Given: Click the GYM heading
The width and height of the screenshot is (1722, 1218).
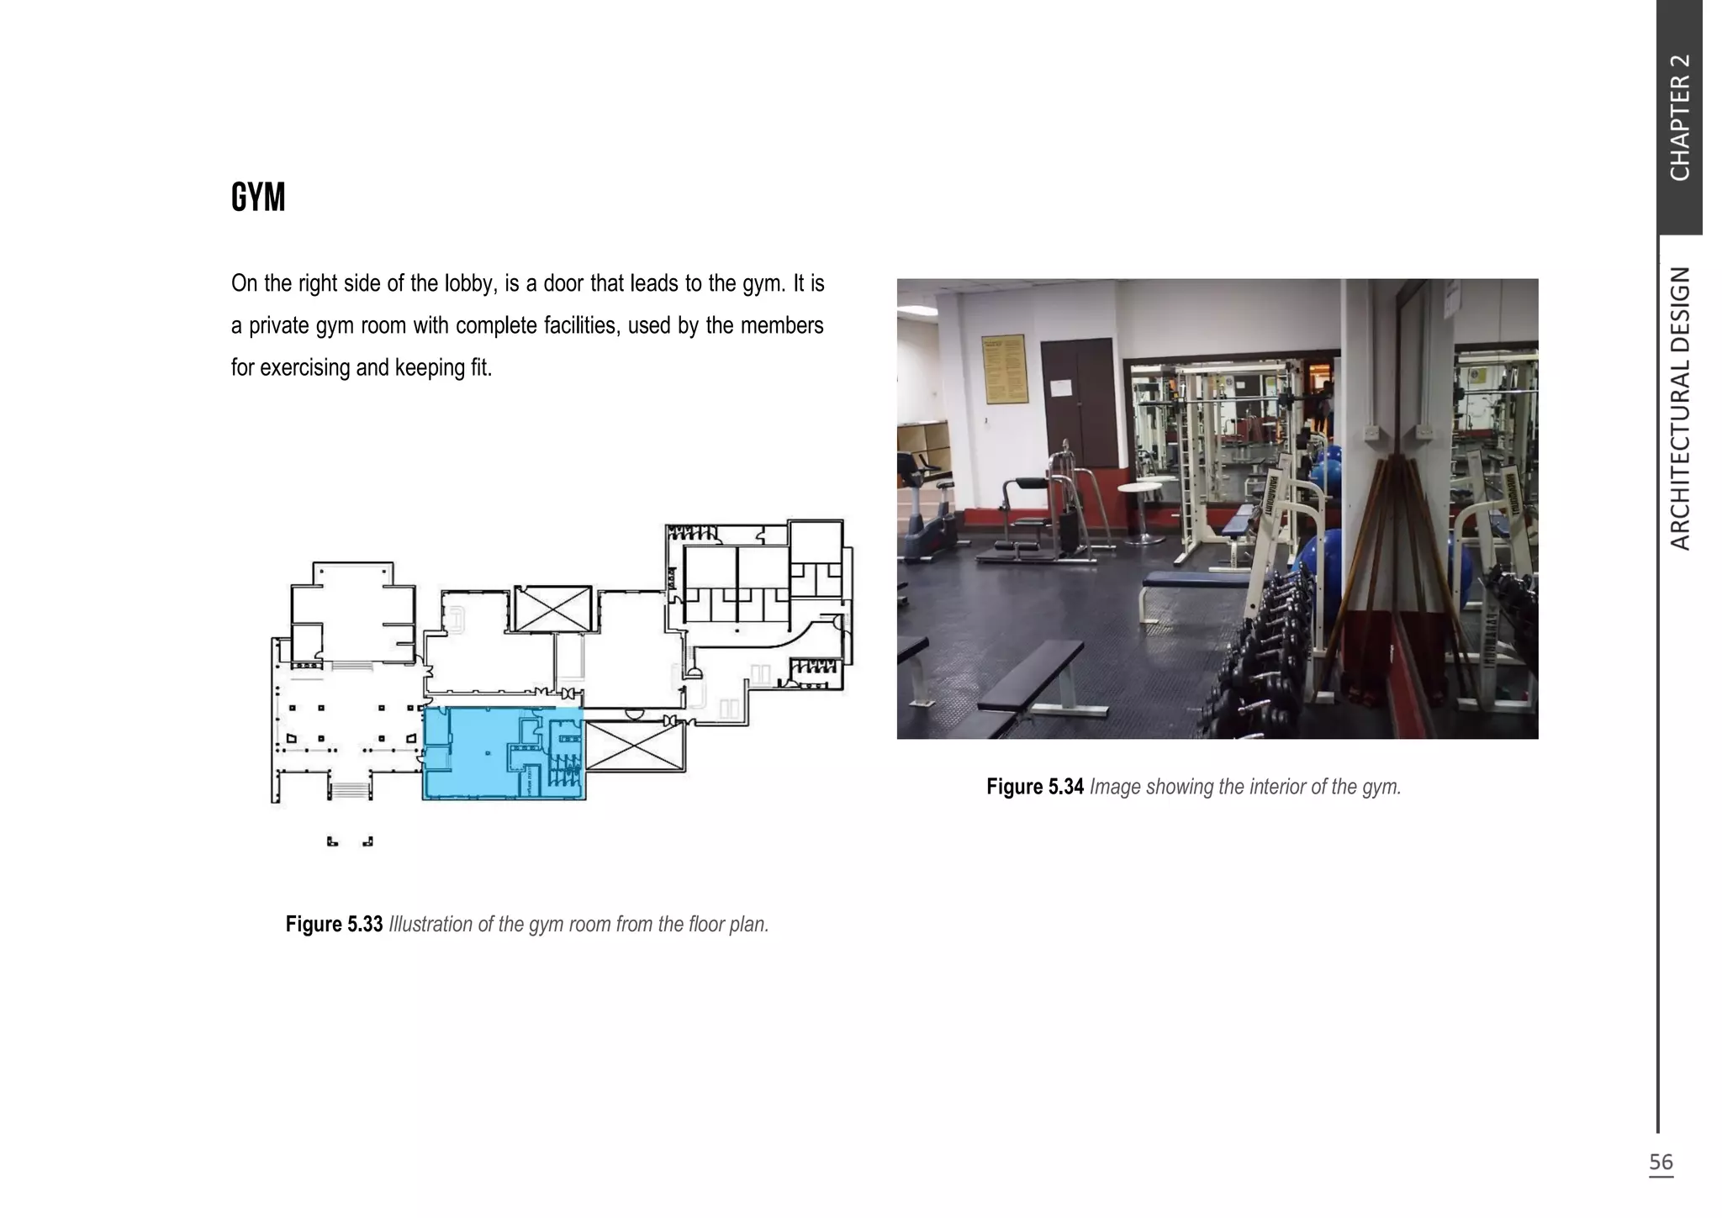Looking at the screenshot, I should (x=258, y=198).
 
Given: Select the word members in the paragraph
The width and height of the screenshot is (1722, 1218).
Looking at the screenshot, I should (x=781, y=326).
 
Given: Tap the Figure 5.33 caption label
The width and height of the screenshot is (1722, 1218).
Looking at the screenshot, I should (x=334, y=925).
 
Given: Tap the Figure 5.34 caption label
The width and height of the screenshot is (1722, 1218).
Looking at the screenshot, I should (x=1034, y=788).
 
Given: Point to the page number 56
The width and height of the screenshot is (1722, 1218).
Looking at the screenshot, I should (x=1661, y=1163).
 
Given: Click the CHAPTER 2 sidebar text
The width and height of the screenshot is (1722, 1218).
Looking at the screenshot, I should (x=1679, y=118).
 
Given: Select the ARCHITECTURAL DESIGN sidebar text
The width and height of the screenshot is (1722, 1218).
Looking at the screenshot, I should (x=1679, y=409).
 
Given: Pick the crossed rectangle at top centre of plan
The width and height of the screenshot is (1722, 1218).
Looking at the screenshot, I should (x=552, y=609).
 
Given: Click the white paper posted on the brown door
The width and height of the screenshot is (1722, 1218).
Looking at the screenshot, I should (x=1063, y=388).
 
